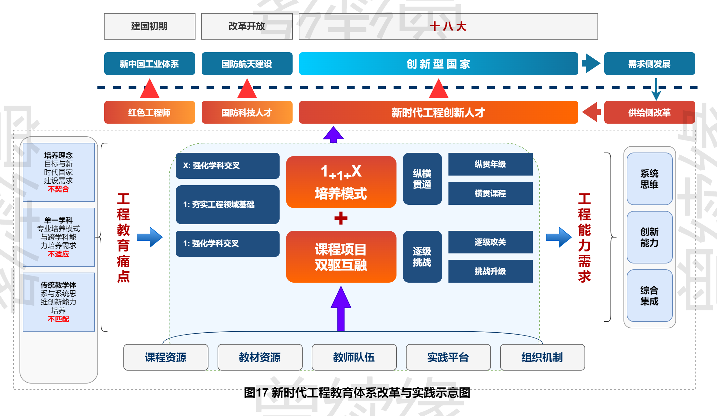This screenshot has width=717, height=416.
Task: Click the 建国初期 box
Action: click(149, 26)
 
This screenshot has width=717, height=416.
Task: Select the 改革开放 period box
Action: click(247, 26)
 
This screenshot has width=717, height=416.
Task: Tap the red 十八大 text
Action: click(448, 26)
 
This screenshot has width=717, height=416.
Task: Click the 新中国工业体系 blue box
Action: click(149, 64)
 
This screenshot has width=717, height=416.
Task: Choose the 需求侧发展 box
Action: click(649, 64)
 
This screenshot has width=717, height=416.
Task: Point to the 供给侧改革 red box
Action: click(649, 113)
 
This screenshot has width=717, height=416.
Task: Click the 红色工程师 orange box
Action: click(149, 113)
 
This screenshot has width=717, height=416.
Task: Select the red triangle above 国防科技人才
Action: click(247, 89)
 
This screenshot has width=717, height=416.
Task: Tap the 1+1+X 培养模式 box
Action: click(341, 182)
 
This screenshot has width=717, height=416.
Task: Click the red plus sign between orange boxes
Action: click(341, 218)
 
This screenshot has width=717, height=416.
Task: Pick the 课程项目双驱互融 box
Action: click(341, 257)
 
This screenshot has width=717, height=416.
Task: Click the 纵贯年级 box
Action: click(490, 164)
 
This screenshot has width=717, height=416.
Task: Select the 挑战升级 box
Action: click(490, 271)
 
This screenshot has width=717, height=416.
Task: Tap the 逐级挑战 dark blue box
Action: click(422, 257)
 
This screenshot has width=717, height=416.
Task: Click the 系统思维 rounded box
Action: click(649, 179)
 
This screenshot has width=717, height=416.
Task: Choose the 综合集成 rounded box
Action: click(649, 296)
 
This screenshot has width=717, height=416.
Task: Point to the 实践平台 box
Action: click(448, 357)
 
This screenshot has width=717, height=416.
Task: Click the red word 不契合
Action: click(58, 189)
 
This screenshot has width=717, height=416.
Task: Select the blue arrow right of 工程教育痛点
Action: click(149, 237)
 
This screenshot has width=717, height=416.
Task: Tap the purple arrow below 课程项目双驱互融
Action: click(341, 308)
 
